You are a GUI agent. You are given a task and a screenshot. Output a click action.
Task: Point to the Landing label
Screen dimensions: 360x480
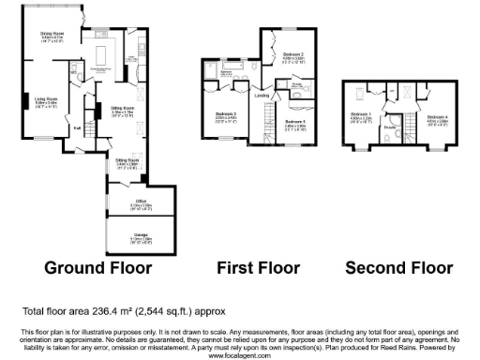[x=262, y=96]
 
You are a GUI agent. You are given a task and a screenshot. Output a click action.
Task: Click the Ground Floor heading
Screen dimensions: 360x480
[x=98, y=267]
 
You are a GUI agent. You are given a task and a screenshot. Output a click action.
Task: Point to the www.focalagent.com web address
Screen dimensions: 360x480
[x=239, y=355]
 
